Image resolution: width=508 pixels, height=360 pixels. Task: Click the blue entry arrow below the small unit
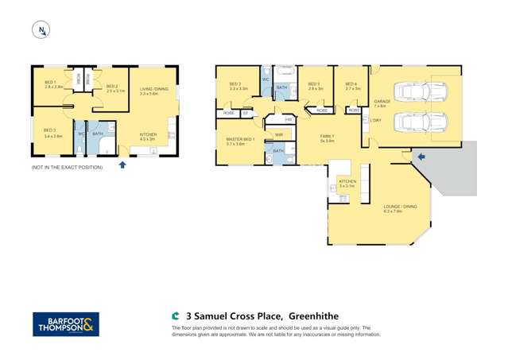[x=122, y=165]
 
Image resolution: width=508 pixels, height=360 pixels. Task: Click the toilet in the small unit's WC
[x=81, y=147]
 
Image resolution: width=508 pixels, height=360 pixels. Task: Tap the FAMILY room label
[x=327, y=138]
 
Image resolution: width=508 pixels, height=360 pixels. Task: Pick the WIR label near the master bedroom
[x=279, y=135]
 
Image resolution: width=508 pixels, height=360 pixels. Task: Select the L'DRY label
[x=376, y=120]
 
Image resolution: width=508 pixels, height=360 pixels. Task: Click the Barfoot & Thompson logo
[x=66, y=323]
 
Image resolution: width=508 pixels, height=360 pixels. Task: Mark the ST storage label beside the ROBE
[x=246, y=114]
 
